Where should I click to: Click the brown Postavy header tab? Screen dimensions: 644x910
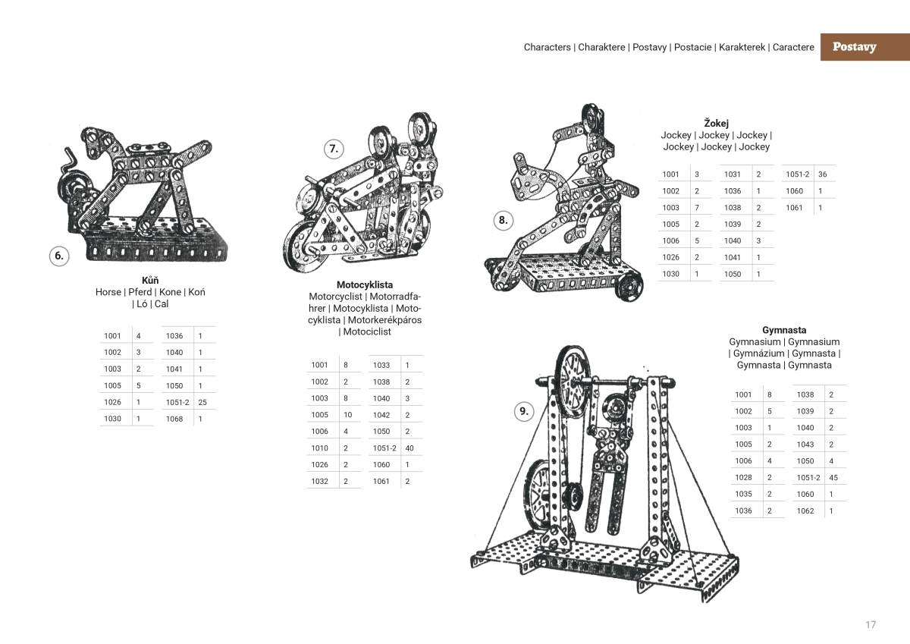click(854, 47)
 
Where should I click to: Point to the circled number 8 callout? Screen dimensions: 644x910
click(503, 221)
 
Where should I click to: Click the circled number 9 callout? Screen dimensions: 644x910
click(523, 412)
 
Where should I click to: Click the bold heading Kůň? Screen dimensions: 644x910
click(150, 280)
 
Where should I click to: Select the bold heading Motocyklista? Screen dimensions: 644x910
click(365, 284)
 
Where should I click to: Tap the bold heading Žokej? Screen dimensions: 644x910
click(716, 123)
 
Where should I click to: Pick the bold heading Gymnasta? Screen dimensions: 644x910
click(784, 330)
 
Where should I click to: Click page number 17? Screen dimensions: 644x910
click(871, 624)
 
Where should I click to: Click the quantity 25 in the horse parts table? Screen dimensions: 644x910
click(202, 402)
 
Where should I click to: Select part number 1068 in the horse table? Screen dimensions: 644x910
click(174, 419)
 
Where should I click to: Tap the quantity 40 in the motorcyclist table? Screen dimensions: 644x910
click(409, 448)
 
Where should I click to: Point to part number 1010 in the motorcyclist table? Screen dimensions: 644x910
click(319, 448)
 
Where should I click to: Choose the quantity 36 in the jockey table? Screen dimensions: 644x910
click(822, 174)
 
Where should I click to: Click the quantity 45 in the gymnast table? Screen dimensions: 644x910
click(833, 478)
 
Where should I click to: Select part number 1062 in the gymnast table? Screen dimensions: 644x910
click(805, 511)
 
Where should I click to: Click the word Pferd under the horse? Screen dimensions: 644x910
click(140, 292)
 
